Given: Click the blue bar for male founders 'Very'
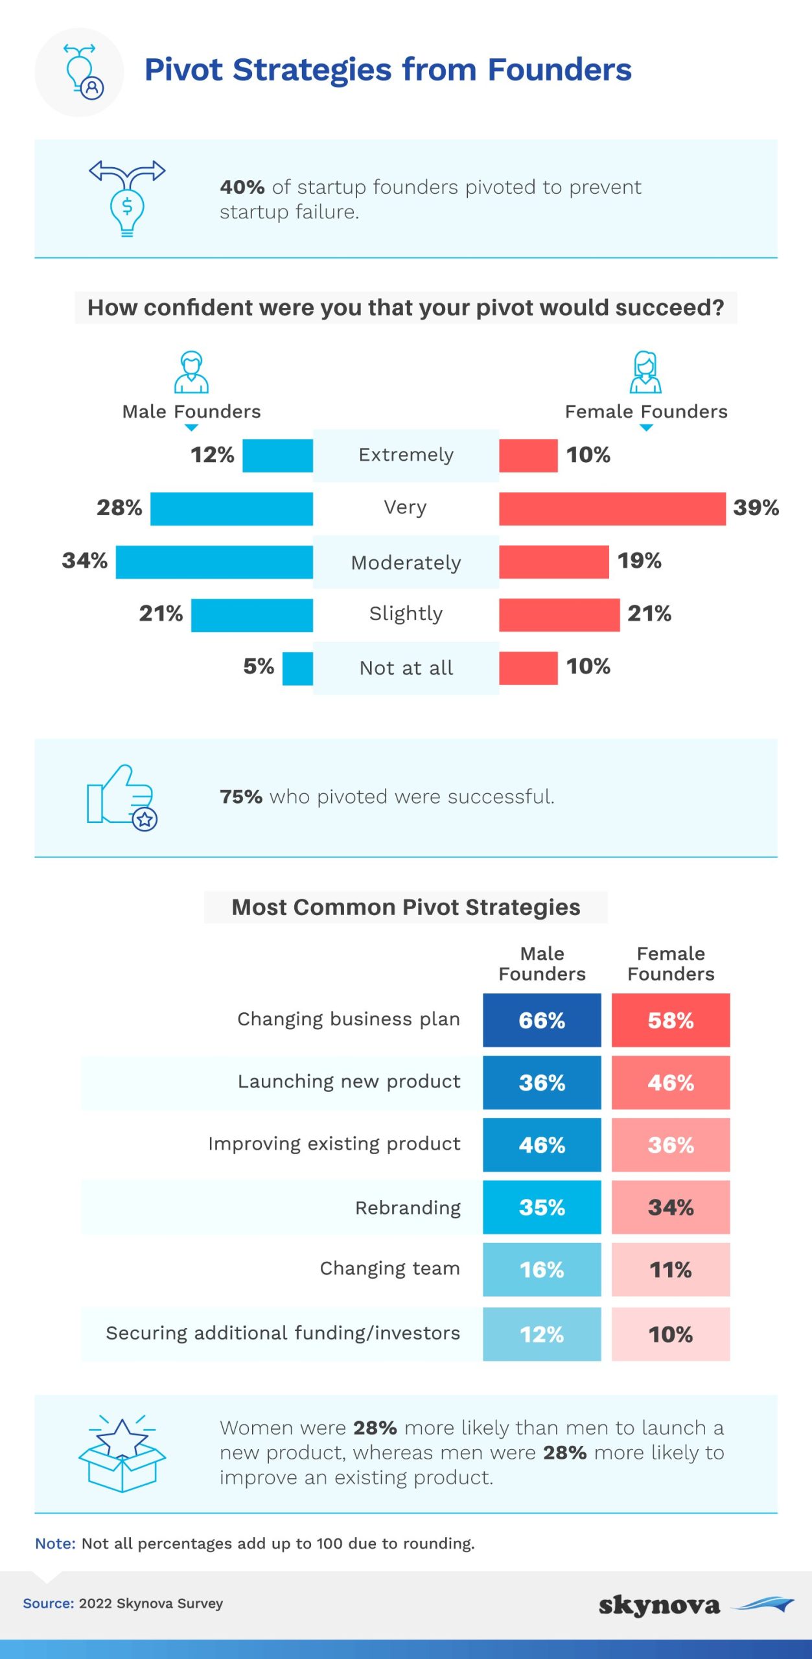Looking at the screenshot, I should pyautogui.click(x=231, y=509).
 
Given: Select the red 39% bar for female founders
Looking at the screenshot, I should pyautogui.click(x=612, y=509).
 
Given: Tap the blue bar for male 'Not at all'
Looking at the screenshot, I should pyautogui.click(x=297, y=668).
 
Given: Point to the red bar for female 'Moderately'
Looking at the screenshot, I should pyautogui.click(x=553, y=562).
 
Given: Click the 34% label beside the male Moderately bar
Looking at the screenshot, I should pyautogui.click(x=85, y=561).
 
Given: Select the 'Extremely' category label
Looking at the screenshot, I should pyautogui.click(x=406, y=455).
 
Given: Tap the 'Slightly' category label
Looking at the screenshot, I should pyautogui.click(x=406, y=614).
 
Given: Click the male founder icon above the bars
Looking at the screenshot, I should pyautogui.click(x=191, y=373).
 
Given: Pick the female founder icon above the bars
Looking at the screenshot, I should pyautogui.click(x=645, y=373).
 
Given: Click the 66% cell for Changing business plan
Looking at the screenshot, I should pyautogui.click(x=542, y=1021).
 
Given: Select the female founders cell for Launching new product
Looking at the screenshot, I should pyautogui.click(x=671, y=1083).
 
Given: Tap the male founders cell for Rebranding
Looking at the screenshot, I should pyautogui.click(x=542, y=1207).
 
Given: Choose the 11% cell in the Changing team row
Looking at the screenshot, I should pyautogui.click(x=671, y=1270).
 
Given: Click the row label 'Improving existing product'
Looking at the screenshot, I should pyautogui.click(x=334, y=1144).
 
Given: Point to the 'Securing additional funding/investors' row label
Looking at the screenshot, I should pyautogui.click(x=283, y=1333).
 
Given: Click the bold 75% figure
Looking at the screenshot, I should pyautogui.click(x=241, y=797).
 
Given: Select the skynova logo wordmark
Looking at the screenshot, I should pyautogui.click(x=659, y=1606).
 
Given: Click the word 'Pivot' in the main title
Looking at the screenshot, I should pyautogui.click(x=183, y=70).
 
